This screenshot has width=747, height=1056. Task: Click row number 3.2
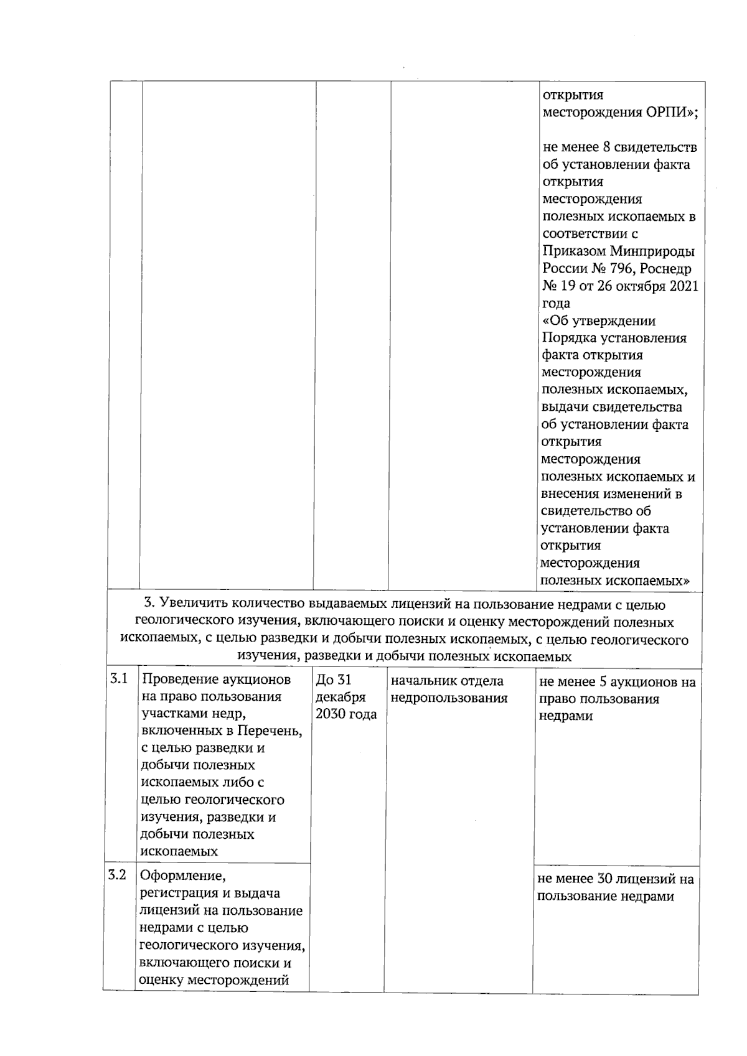(x=116, y=876)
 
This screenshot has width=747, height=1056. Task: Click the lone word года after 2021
(x=556, y=304)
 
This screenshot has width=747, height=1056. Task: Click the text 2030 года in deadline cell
(x=346, y=714)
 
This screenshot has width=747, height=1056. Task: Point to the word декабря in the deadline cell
(x=341, y=698)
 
